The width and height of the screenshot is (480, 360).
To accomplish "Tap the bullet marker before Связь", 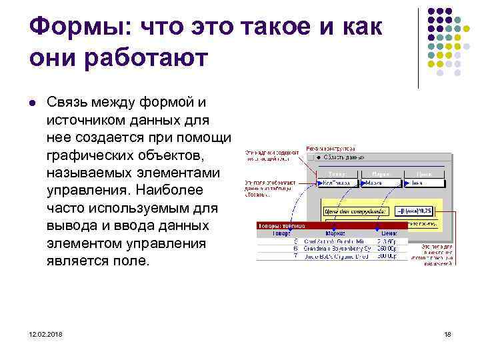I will pos(32,103).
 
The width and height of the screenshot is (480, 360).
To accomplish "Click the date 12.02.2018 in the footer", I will pos(46,333).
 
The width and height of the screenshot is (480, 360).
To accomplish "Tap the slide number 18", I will pos(447,333).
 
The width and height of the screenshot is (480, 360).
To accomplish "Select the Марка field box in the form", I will pos(380,182).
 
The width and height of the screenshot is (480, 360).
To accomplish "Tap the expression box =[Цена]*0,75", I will pos(414,211).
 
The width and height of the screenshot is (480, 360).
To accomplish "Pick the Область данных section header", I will pos(347,157).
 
